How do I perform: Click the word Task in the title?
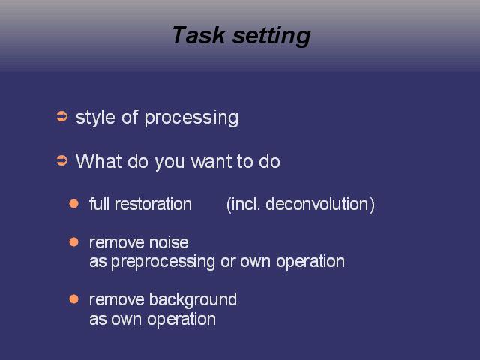199,35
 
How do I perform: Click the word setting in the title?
271,37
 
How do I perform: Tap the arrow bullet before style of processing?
61,117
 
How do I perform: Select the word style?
95,118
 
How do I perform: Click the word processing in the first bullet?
191,118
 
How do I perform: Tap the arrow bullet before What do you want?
61,160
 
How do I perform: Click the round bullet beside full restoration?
73,203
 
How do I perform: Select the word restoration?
153,204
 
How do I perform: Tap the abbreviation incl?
246,204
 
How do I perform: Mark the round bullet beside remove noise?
73,241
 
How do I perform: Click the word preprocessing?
163,262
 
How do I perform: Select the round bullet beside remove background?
73,298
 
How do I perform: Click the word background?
193,300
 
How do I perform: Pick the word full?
99,204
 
